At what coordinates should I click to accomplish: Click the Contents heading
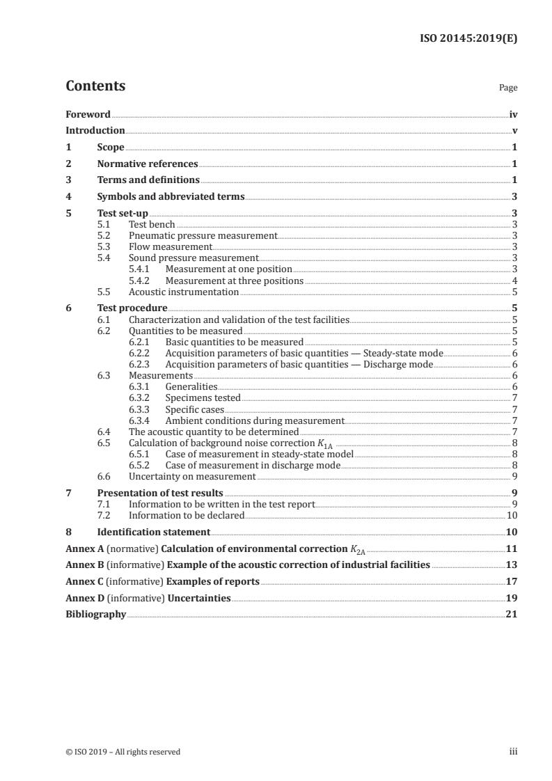[x=95, y=86]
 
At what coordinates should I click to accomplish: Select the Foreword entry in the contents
[x=88, y=114]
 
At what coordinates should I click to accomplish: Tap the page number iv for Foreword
[x=513, y=114]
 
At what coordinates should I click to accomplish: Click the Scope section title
[x=111, y=148]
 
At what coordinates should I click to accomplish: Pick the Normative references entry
[x=148, y=164]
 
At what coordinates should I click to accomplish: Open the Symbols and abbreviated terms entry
[x=171, y=197]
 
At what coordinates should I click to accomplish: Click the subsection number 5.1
[x=104, y=225]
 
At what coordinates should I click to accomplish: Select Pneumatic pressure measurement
[x=203, y=236]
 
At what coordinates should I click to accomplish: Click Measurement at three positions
[x=234, y=281]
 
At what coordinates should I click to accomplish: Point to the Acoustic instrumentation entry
[x=184, y=292]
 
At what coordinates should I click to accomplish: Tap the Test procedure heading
[x=132, y=308]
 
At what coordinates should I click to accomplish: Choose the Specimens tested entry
[x=203, y=398]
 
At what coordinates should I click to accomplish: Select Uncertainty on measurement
[x=192, y=477]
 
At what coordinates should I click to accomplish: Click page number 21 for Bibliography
[x=512, y=615]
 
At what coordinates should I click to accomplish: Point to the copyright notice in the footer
[x=123, y=752]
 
